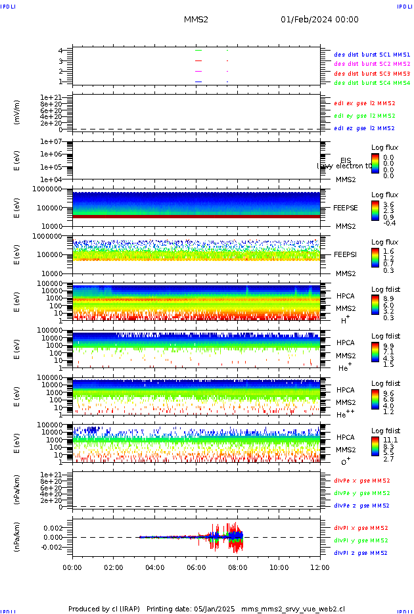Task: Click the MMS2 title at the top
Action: [x=196, y=20]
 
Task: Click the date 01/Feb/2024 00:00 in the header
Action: [x=319, y=20]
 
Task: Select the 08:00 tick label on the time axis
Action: [x=237, y=567]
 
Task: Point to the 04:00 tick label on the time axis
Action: [x=154, y=567]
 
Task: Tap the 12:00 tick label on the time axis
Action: [x=320, y=567]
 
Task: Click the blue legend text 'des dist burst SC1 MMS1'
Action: [x=372, y=54]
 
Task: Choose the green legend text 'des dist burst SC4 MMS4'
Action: [x=372, y=83]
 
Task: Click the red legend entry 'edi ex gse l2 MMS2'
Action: [x=365, y=103]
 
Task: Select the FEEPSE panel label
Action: [x=346, y=207]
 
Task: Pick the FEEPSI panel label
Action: [x=346, y=254]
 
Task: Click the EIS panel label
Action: [x=346, y=160]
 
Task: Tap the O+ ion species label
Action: [x=345, y=461]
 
